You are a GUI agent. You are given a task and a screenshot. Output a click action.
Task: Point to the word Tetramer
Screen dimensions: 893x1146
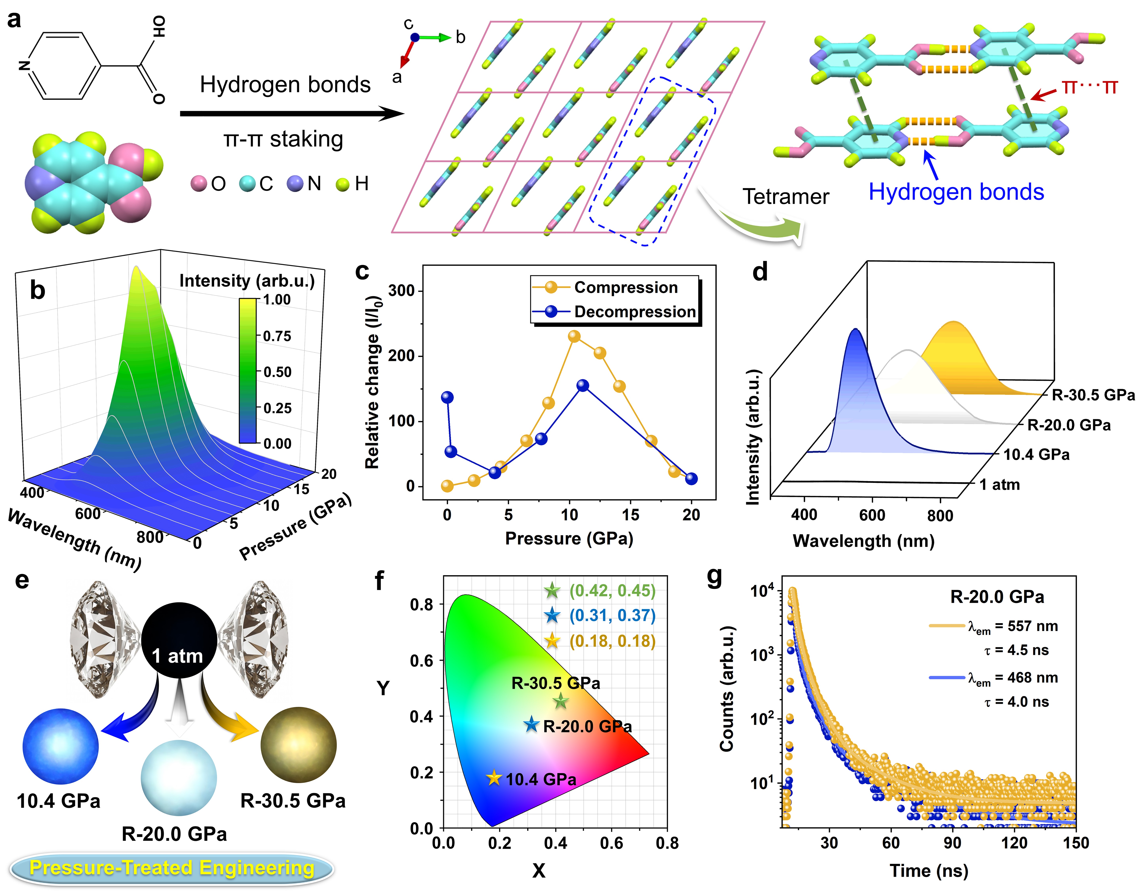(786, 197)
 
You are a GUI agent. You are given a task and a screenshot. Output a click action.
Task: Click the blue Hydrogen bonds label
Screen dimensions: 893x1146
(956, 192)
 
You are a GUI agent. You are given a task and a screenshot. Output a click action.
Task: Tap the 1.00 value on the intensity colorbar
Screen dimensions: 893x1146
(276, 300)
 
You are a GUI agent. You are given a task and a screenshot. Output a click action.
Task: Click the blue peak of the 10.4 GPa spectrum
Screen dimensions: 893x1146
(856, 331)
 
